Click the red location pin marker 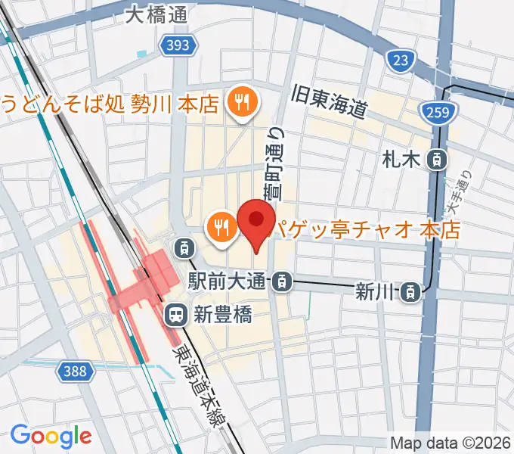point(255,221)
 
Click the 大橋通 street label point(157,14)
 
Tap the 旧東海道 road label point(330,101)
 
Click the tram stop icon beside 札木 point(436,159)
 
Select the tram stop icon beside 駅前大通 point(281,282)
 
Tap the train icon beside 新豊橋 point(176,312)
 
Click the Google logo point(51,436)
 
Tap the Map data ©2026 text point(451,443)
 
